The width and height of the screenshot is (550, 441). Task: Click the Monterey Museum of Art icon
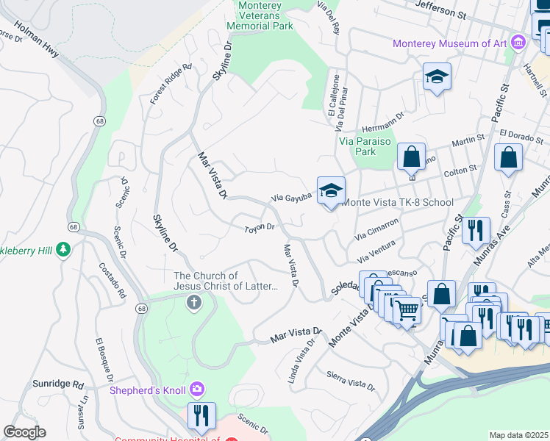coord(518,43)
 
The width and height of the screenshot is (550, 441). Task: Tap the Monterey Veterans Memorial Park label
coord(265,15)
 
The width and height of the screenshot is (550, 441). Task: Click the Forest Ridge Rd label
coord(171,83)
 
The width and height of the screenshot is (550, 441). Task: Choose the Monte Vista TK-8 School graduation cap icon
coord(331,190)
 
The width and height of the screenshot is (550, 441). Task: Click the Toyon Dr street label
coord(259,229)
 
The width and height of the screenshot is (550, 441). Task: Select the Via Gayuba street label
coord(292,198)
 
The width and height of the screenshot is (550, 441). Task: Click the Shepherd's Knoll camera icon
coord(196,388)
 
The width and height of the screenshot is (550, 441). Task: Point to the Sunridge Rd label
coord(58,384)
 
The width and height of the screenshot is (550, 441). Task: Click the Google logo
coord(25,431)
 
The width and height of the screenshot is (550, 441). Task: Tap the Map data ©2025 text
coord(518,435)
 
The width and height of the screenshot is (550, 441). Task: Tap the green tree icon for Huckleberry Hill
coord(65,250)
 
